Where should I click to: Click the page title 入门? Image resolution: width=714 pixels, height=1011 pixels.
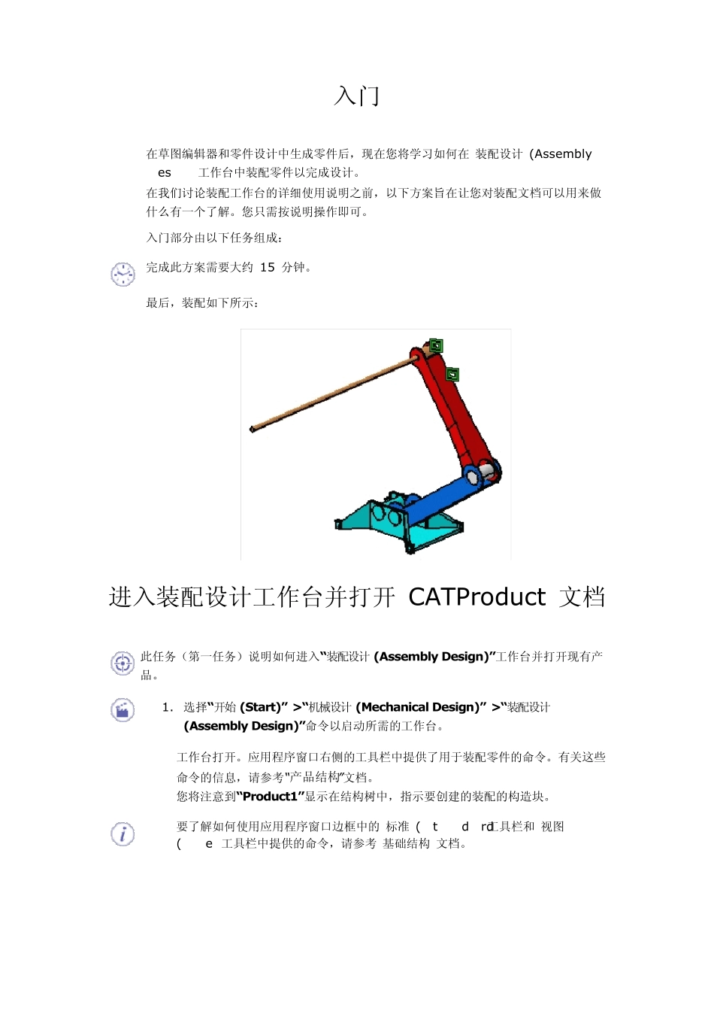click(357, 96)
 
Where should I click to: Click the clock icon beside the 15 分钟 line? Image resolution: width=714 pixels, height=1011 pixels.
click(123, 274)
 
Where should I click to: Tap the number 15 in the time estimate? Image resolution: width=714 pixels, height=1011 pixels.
click(268, 267)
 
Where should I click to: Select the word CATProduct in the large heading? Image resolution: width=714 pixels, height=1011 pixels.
click(477, 597)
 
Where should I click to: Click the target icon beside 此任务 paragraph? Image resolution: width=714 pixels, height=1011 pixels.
click(123, 663)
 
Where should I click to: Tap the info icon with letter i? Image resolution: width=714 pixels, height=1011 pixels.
click(123, 833)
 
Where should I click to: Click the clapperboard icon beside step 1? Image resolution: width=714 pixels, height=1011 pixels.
click(123, 710)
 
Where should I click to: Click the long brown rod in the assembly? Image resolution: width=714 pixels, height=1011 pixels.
click(331, 395)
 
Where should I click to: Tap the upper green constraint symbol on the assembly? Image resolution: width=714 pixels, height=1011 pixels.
click(435, 346)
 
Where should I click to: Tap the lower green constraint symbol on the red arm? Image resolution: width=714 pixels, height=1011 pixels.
click(452, 375)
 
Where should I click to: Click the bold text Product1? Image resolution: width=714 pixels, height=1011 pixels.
click(271, 796)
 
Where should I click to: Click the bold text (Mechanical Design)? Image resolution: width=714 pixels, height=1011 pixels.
click(416, 707)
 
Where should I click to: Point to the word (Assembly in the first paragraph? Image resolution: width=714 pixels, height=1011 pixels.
click(561, 154)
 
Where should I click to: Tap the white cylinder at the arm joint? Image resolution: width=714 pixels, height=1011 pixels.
click(487, 469)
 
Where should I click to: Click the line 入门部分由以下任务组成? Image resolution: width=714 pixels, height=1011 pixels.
click(214, 238)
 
